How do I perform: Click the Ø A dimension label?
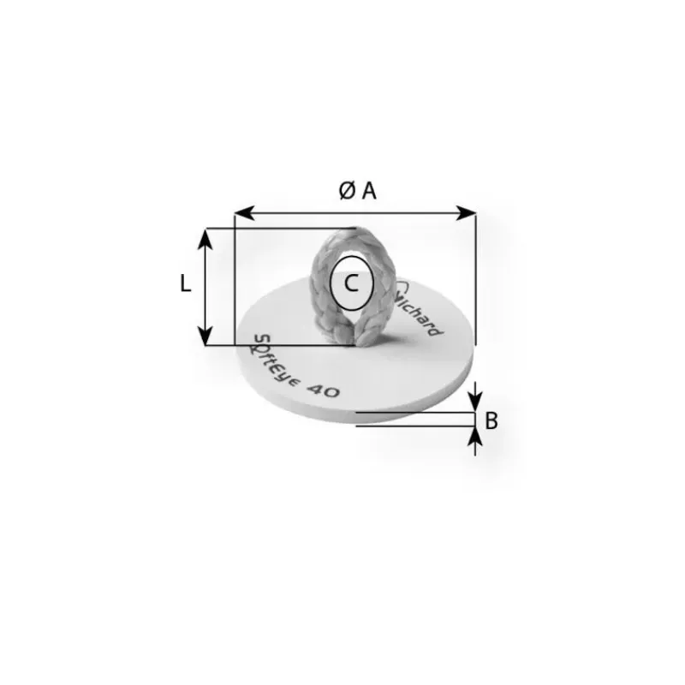(x=357, y=191)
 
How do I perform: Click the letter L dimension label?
(x=186, y=283)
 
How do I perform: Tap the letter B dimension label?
(x=491, y=420)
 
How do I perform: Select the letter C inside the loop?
(x=351, y=283)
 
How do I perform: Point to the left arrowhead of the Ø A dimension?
(x=244, y=213)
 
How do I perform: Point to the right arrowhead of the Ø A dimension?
(x=466, y=213)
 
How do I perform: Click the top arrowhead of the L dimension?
(x=205, y=239)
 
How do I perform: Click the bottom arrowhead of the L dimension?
(x=205, y=335)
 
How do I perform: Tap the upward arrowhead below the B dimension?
(x=475, y=437)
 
